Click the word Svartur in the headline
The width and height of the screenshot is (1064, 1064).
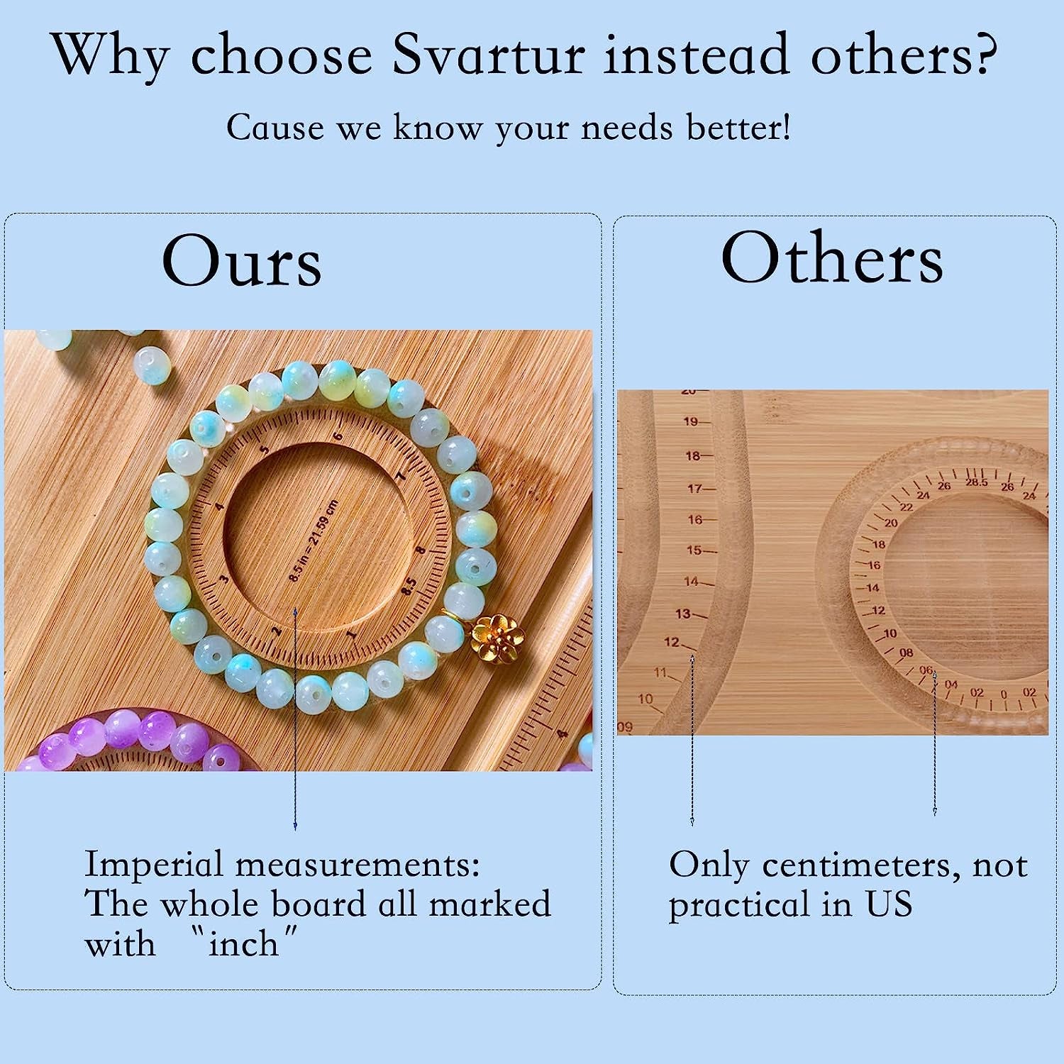(488, 55)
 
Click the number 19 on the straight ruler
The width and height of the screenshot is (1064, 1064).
(691, 421)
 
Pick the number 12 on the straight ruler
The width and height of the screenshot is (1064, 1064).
(671, 643)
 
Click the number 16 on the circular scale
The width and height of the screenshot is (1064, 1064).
(874, 565)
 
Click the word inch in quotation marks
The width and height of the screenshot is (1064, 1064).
(243, 944)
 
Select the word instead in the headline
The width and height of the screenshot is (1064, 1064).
(696, 55)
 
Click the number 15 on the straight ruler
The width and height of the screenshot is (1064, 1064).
(693, 550)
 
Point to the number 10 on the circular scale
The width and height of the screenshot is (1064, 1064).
(890, 633)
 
